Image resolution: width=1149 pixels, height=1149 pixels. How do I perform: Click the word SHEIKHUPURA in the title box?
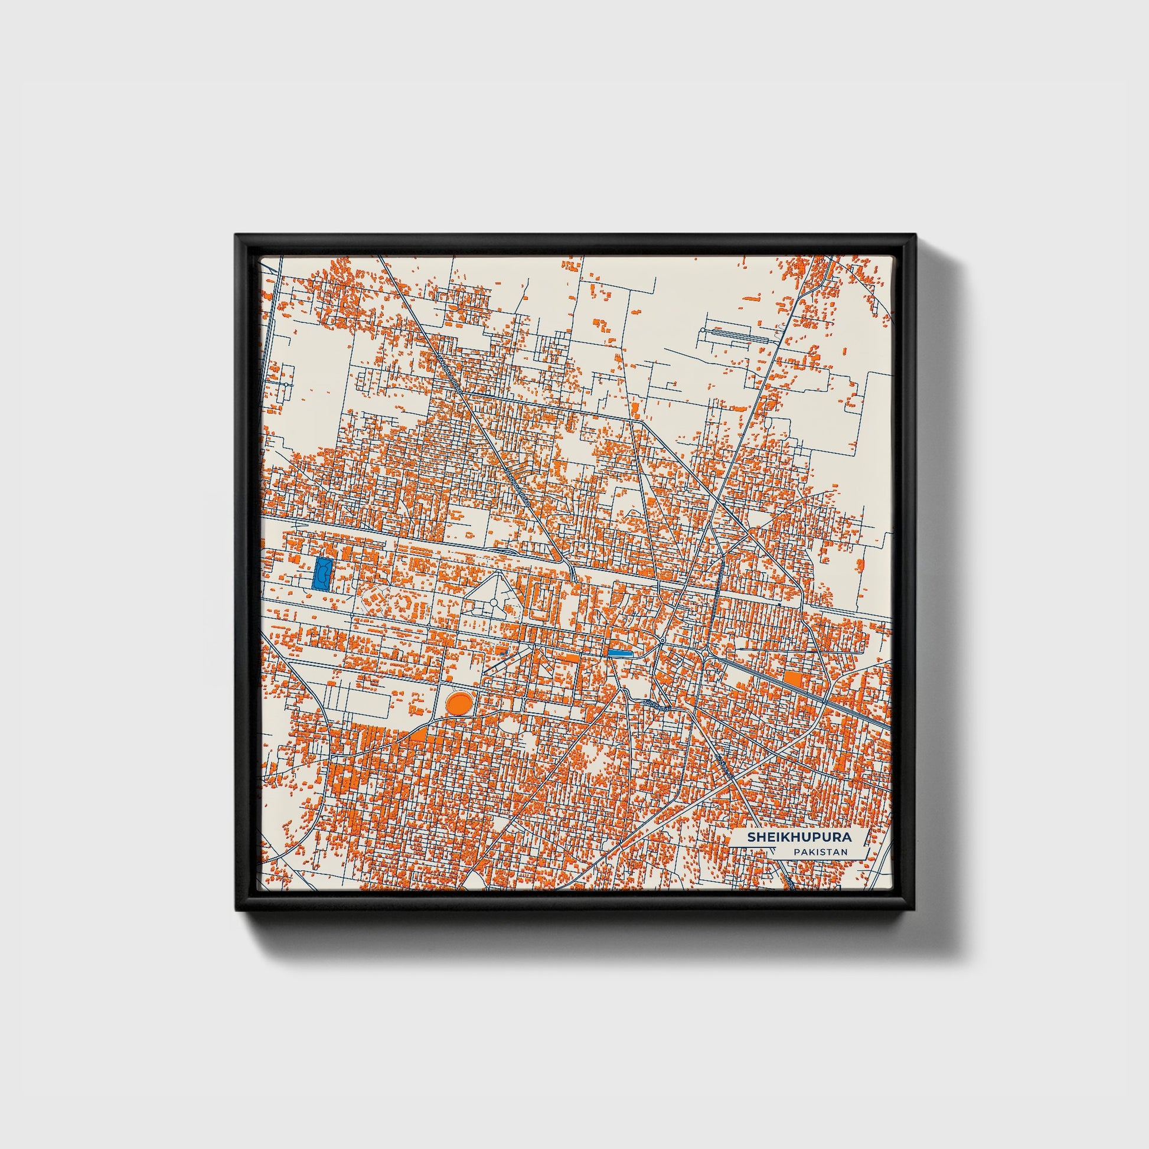tap(799, 837)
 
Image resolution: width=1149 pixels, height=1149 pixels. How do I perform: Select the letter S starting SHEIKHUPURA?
tap(751, 837)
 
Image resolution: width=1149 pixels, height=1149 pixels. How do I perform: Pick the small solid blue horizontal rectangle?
tap(620, 652)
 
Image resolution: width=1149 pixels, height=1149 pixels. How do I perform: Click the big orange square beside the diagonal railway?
tap(793, 678)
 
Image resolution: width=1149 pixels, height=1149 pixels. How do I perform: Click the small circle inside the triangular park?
tap(493, 603)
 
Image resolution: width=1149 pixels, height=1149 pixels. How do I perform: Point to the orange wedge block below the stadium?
tap(418, 735)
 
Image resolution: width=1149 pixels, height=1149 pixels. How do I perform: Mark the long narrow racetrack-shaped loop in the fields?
tap(735, 334)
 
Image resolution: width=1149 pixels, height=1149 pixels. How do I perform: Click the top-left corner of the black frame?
tap(237, 236)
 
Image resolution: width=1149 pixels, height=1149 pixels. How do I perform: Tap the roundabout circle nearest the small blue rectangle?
tap(662, 641)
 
